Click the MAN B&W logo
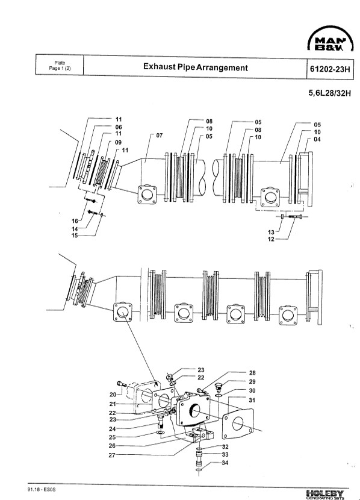pyautogui.click(x=331, y=39)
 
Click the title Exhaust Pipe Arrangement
pyautogui.click(x=195, y=67)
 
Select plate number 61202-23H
pyautogui.click(x=330, y=69)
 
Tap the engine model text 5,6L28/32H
pyautogui.click(x=329, y=93)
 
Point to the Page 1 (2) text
pyautogui.click(x=60, y=68)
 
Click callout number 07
pyautogui.click(x=160, y=135)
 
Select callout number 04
pyautogui.click(x=317, y=139)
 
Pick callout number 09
pyautogui.click(x=118, y=142)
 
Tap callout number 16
pyautogui.click(x=75, y=221)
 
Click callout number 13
pyautogui.click(x=271, y=232)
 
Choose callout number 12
pyautogui.click(x=271, y=239)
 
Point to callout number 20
pyautogui.click(x=113, y=395)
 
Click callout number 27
pyautogui.click(x=112, y=455)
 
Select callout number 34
pyautogui.click(x=225, y=463)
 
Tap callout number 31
pyautogui.click(x=252, y=400)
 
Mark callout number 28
pyautogui.click(x=252, y=373)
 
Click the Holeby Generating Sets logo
pyautogui.click(x=325, y=494)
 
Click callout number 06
pyautogui.click(x=119, y=127)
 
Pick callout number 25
pyautogui.click(x=112, y=437)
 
